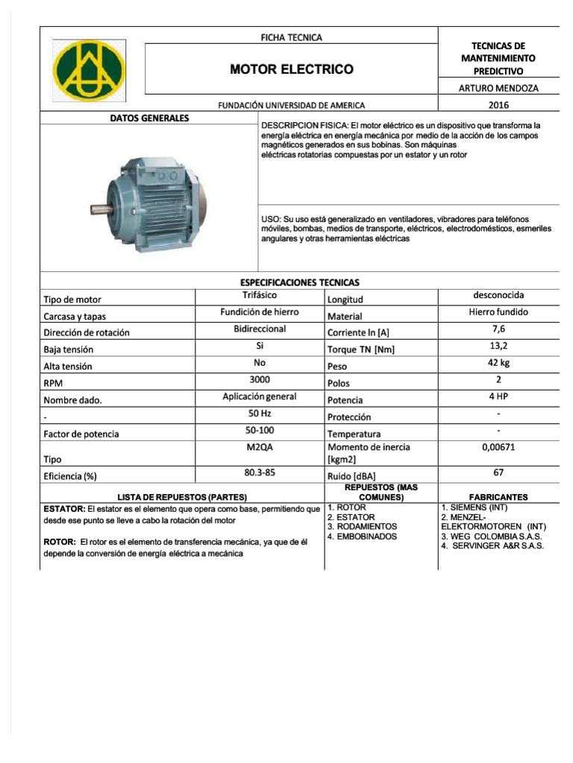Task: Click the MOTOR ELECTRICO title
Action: pos(291,69)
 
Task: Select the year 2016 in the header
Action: pos(498,105)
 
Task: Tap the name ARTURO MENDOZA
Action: pos(498,88)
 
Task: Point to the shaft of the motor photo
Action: pos(101,209)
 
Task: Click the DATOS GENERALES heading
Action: pos(149,118)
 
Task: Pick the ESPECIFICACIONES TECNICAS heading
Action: pos(299,282)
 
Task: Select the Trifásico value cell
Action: pos(260,296)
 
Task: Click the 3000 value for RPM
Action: pos(260,379)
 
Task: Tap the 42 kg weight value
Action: pos(498,363)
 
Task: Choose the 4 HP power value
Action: pos(498,396)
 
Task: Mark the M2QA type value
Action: pos(260,447)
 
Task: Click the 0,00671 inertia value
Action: pos(498,448)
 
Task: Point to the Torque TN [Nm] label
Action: pos(361,349)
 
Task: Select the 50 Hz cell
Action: pos(260,413)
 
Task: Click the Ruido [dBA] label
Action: pos(351,476)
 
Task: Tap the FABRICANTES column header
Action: pos(498,496)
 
